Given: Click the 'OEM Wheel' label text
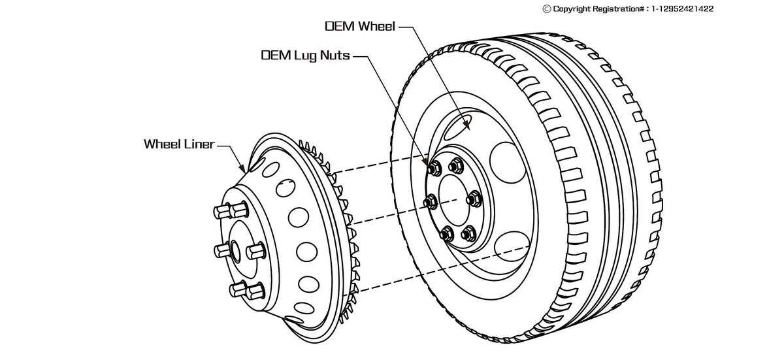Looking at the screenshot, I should (360, 27).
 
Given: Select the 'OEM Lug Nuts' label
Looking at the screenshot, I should (305, 56).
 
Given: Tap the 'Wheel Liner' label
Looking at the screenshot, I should (179, 144).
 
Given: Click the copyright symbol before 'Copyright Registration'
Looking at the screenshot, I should (547, 9).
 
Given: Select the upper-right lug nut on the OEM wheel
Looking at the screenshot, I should (456, 165).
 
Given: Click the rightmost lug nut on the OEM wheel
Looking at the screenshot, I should (474, 198).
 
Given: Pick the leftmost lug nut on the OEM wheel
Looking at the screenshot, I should (431, 202).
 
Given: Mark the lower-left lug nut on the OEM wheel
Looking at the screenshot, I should (447, 233).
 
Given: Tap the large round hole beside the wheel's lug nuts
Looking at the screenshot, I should (508, 163).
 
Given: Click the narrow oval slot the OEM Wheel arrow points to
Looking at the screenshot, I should (466, 122).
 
